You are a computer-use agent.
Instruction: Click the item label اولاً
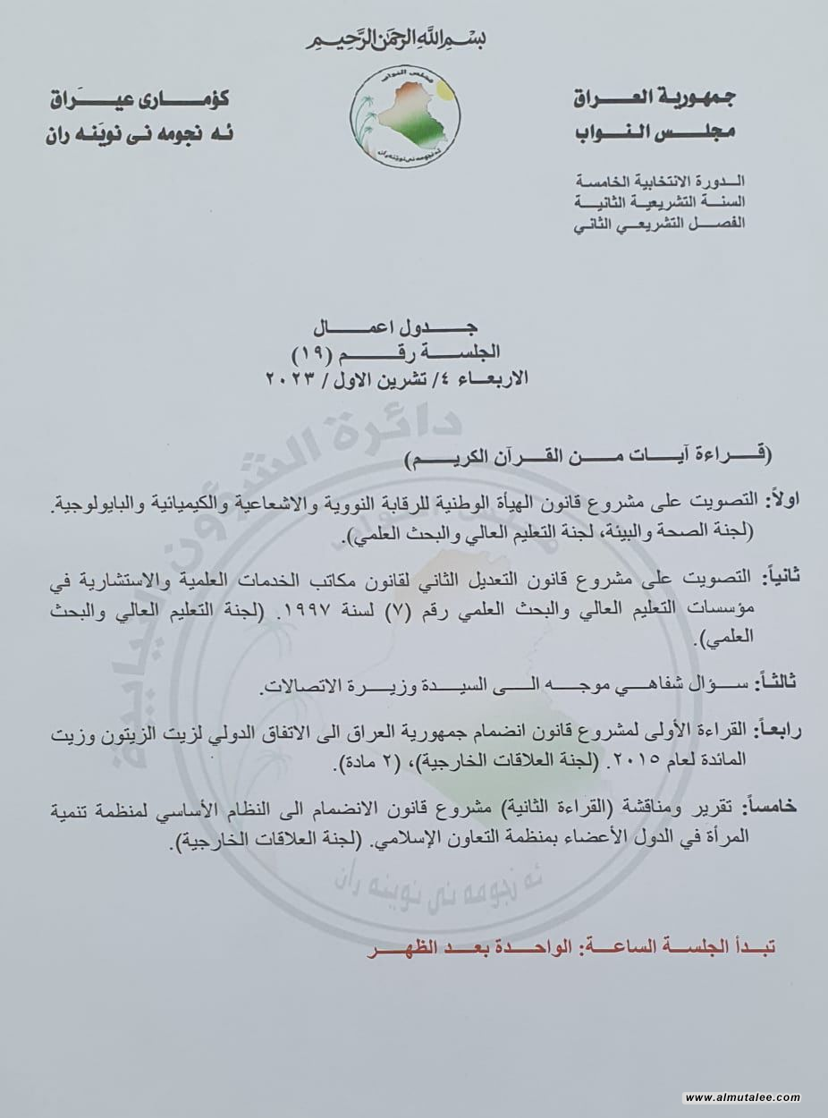click(774, 499)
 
